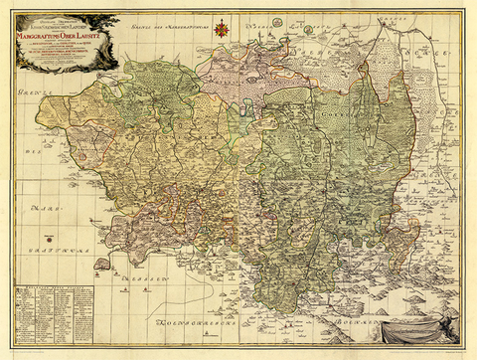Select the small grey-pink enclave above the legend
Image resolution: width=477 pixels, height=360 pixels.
tap(100, 265)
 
